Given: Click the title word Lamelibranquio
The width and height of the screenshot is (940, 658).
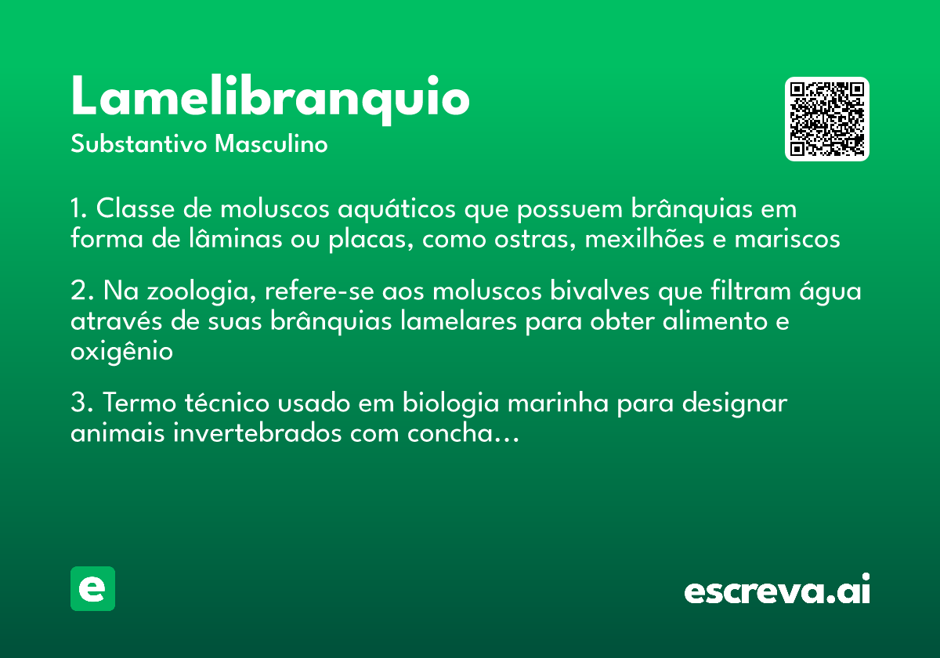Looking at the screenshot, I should coord(270,98).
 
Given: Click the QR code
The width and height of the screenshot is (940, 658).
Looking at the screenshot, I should coord(827,119).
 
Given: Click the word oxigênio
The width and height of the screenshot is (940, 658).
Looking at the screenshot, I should coord(121,352).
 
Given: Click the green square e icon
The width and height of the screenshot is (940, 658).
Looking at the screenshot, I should coord(92,589).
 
